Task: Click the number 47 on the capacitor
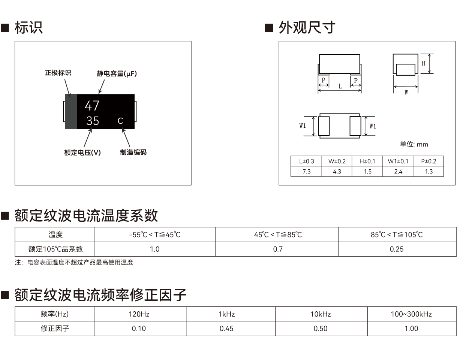92,106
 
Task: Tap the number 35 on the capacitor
93,121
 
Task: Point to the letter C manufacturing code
120,121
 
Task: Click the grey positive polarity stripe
71,111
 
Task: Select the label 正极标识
58,73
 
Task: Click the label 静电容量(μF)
117,74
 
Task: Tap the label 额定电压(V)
82,152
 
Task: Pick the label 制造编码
133,152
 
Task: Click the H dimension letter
424,63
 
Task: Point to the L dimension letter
340,86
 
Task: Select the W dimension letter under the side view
406,93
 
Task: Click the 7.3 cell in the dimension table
306,172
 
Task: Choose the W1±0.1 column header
398,161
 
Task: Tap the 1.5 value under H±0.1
367,172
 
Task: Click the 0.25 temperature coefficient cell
397,249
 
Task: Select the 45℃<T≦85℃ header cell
278,235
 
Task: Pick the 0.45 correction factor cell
226,329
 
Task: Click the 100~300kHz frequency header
411,314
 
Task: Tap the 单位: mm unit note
414,144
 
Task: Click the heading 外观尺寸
307,28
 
